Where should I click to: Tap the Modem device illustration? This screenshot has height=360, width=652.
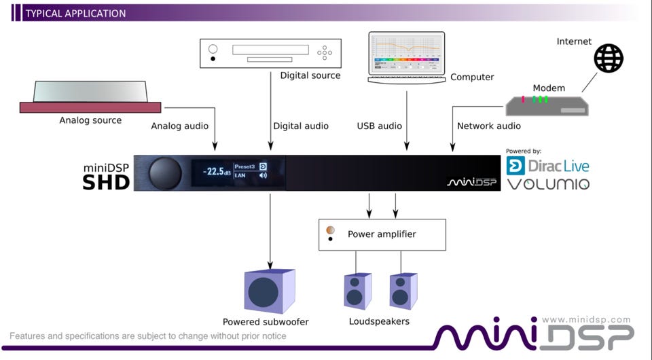(546, 105)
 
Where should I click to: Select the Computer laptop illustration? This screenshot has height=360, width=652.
(406, 57)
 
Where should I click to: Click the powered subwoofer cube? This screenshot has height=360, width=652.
(269, 291)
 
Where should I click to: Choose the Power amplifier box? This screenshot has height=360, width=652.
(382, 234)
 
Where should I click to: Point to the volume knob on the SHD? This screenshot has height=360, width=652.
(164, 173)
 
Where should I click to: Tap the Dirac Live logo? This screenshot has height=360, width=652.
(548, 165)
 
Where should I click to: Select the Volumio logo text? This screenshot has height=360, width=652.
(548, 184)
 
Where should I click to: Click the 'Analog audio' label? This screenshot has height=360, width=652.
(179, 126)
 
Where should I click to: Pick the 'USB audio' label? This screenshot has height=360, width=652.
(380, 126)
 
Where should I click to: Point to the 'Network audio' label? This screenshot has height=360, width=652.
(489, 126)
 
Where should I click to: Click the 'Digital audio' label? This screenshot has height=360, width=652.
(301, 126)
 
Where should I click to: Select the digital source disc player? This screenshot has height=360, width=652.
(270, 53)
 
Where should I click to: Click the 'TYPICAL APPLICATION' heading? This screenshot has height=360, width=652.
(75, 13)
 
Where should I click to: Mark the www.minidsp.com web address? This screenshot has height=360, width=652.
(586, 319)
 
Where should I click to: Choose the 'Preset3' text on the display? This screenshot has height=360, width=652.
(244, 166)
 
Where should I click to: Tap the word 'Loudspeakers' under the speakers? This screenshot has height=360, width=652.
(379, 321)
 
